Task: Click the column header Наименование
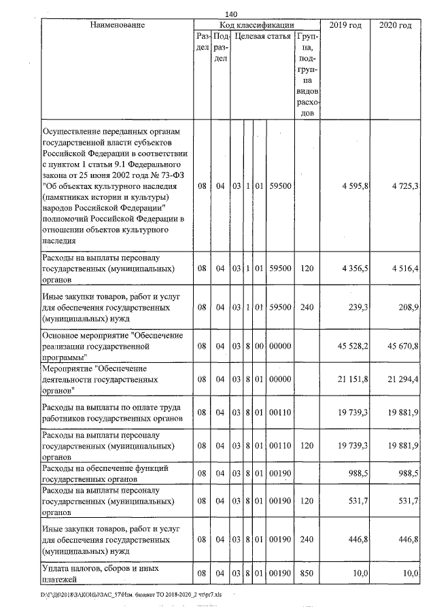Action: click(117, 25)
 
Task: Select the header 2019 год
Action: click(346, 25)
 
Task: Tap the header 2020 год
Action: click(396, 25)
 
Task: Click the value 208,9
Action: click(408, 307)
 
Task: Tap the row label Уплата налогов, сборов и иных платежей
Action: click(102, 574)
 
